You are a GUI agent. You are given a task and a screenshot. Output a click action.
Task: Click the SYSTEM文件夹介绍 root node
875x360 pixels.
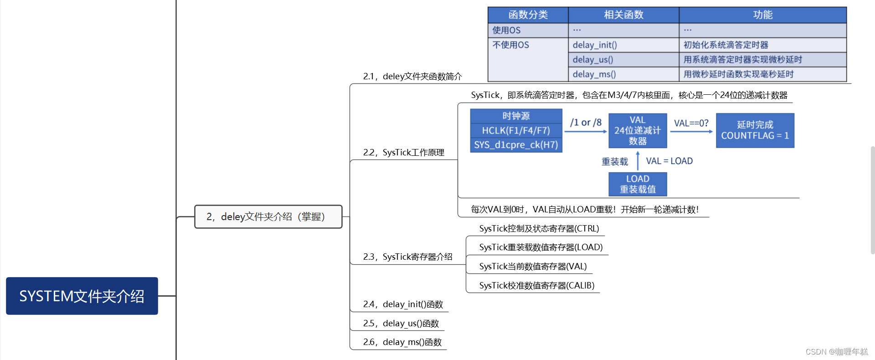pyautogui.click(x=82, y=296)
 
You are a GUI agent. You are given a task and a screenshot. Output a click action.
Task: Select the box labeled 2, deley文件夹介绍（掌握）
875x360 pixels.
pyautogui.click(x=268, y=217)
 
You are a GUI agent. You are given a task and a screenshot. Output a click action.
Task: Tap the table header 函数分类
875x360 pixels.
pyautogui.click(x=528, y=15)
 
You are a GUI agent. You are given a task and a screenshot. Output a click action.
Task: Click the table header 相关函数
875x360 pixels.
pyautogui.click(x=623, y=15)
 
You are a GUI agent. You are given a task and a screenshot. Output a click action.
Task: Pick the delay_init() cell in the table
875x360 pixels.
pyautogui.click(x=595, y=45)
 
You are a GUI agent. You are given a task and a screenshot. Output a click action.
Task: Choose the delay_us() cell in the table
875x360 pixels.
pyautogui.click(x=593, y=60)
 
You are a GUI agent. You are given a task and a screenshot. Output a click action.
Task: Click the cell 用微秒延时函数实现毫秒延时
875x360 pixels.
pyautogui.click(x=738, y=74)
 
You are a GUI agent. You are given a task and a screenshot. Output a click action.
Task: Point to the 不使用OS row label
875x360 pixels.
pyautogui.click(x=510, y=45)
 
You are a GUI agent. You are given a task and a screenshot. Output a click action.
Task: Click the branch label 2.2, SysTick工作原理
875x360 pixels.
pyautogui.click(x=404, y=153)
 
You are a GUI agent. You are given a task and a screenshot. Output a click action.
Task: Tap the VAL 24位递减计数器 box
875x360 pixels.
pyautogui.click(x=638, y=131)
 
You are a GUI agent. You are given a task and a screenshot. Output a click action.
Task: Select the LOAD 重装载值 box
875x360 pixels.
pyautogui.click(x=638, y=184)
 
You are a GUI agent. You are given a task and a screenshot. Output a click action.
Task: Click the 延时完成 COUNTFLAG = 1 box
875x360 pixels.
pyautogui.click(x=755, y=130)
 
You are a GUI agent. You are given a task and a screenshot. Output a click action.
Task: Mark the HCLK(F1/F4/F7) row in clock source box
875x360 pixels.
pyautogui.click(x=516, y=131)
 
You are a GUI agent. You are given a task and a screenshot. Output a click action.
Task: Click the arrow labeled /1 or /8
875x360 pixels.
pyautogui.click(x=586, y=131)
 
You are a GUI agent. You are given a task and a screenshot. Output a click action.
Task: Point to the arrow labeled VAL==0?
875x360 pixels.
pyautogui.click(x=691, y=131)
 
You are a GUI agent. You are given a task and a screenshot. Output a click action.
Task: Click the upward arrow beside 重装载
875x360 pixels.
pyautogui.click(x=638, y=161)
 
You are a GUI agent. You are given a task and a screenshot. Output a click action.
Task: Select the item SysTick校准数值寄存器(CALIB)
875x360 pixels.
pyautogui.click(x=536, y=286)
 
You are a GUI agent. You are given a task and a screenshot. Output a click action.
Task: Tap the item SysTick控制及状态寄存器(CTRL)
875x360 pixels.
pyautogui.click(x=539, y=229)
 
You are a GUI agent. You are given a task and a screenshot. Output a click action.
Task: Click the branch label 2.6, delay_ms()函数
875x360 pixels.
pyautogui.click(x=402, y=342)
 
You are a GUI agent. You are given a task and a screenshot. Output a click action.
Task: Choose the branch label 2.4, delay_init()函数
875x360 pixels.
pyautogui.click(x=403, y=304)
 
